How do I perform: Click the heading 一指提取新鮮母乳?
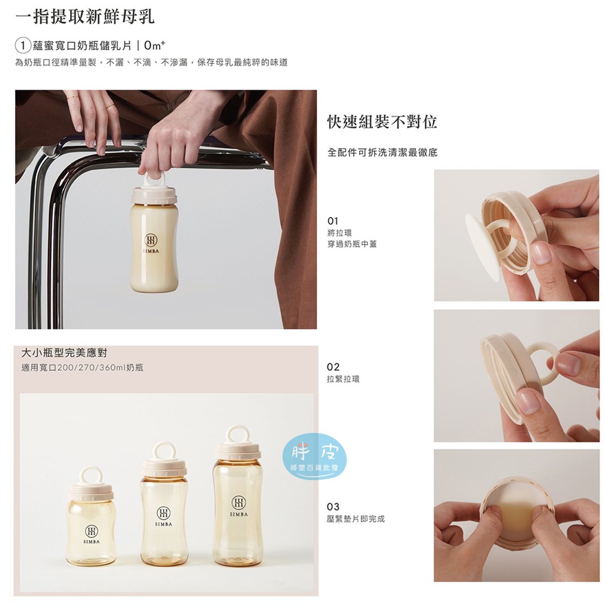point(85,17)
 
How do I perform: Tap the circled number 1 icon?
point(23,46)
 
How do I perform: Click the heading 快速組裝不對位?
point(382,122)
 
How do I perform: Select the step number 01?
point(333,221)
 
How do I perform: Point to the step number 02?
point(333,367)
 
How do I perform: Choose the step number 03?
point(333,507)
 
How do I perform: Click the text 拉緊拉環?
point(343,379)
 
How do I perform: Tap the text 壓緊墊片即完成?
point(356,519)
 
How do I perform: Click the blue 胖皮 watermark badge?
point(314,457)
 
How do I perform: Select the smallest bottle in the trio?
point(91,516)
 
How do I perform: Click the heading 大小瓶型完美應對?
point(64,353)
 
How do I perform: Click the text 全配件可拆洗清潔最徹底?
point(382,153)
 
